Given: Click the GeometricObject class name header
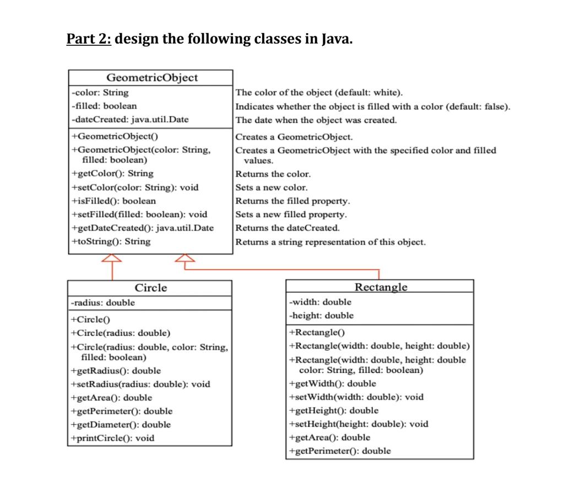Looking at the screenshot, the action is [x=151, y=78].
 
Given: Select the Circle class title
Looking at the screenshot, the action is [x=150, y=288].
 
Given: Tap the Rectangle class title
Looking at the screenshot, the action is [x=381, y=287].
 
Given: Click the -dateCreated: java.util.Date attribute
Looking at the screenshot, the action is [x=130, y=119].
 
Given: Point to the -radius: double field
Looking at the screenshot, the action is [x=103, y=303].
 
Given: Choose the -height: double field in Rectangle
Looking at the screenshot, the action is [x=322, y=315].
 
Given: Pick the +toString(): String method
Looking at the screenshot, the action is [x=111, y=242].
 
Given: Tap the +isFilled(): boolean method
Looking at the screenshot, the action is [x=114, y=201].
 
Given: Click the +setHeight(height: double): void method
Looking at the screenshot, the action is [x=359, y=424].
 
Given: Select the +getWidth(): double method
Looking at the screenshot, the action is [x=333, y=383].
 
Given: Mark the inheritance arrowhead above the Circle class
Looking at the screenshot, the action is [x=112, y=259].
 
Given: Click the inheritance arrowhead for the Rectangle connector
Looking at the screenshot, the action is [x=185, y=259].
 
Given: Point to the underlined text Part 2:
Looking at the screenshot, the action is [x=89, y=40].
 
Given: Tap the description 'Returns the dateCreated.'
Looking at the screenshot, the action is [x=288, y=228].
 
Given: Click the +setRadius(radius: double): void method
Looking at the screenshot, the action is [x=140, y=384].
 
